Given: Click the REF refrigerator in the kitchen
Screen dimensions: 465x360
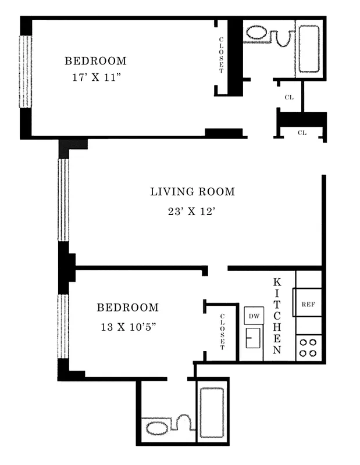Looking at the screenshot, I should (308, 303).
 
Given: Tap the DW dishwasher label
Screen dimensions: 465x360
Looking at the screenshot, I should (254, 316).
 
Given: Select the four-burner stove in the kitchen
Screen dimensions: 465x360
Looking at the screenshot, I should (308, 348).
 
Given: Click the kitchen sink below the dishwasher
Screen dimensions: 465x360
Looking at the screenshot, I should (253, 338).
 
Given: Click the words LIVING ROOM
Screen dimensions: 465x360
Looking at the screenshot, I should (193, 191).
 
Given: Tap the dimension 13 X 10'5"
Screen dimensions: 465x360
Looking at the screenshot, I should (127, 327).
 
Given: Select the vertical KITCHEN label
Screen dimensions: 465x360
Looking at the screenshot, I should (277, 316).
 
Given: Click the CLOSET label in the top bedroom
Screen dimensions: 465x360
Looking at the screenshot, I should (222, 55).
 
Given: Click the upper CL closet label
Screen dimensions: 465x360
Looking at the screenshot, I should (288, 97).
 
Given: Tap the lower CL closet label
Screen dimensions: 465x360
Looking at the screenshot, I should (302, 133).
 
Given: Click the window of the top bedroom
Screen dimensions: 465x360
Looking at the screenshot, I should (24, 71).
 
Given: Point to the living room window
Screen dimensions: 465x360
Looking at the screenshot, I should (63, 199).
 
